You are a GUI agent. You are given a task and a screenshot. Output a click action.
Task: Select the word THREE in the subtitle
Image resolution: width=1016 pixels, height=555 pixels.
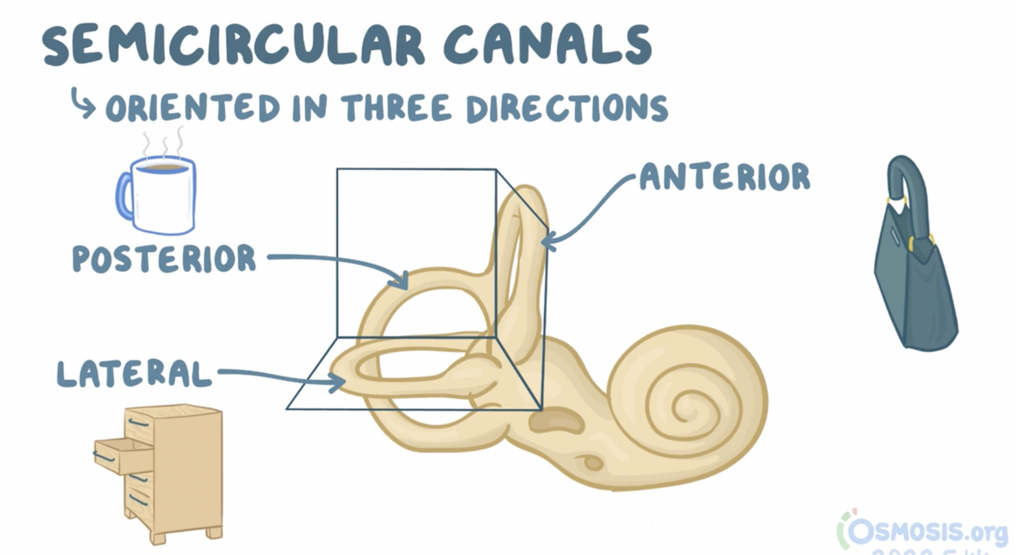tap(398, 108)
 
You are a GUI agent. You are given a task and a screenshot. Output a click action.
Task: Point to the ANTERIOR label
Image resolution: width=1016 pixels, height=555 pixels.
tap(724, 177)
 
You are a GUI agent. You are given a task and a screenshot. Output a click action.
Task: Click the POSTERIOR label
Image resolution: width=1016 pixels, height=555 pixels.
tap(165, 259)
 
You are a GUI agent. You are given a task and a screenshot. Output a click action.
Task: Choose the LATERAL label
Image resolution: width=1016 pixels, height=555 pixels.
tap(135, 374)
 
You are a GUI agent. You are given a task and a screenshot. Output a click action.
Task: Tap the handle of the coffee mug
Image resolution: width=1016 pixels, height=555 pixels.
tap(124, 195)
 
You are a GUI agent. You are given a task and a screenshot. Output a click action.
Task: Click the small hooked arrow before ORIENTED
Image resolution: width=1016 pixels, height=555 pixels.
tap(81, 104)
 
